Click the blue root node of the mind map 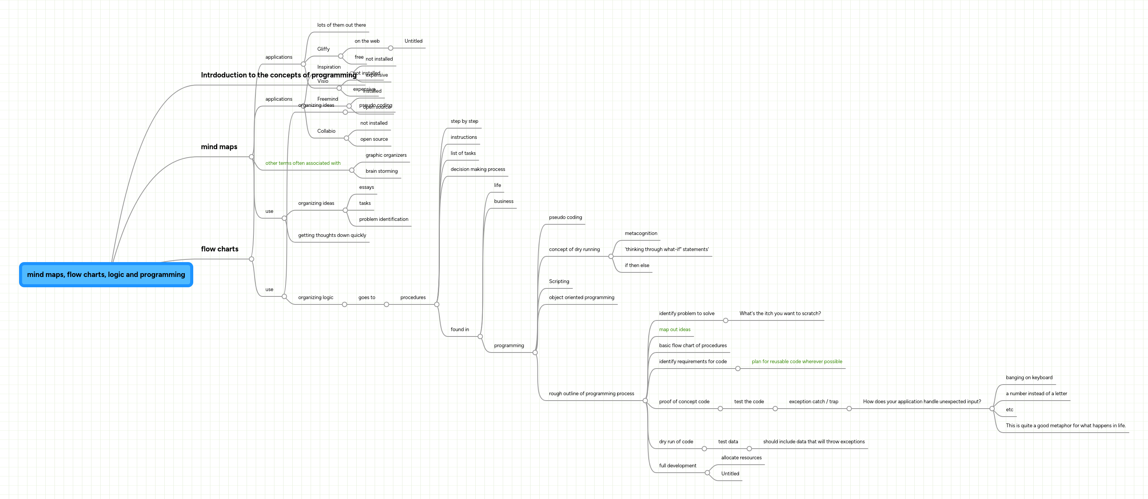[106, 274]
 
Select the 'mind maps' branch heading [219, 147]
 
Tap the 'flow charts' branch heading [219, 249]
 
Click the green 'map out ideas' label [674, 330]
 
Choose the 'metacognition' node [640, 233]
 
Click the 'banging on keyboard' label [1029, 378]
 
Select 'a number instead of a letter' [1036, 394]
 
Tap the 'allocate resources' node [741, 457]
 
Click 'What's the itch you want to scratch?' [780, 314]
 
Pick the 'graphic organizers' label [386, 155]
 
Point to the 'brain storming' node [382, 171]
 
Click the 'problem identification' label [383, 219]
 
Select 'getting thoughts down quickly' [332, 235]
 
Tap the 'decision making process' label [477, 169]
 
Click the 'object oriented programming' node [581, 298]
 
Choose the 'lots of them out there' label [342, 25]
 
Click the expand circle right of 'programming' [535, 352]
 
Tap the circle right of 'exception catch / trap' [848, 409]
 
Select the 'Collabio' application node [326, 131]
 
